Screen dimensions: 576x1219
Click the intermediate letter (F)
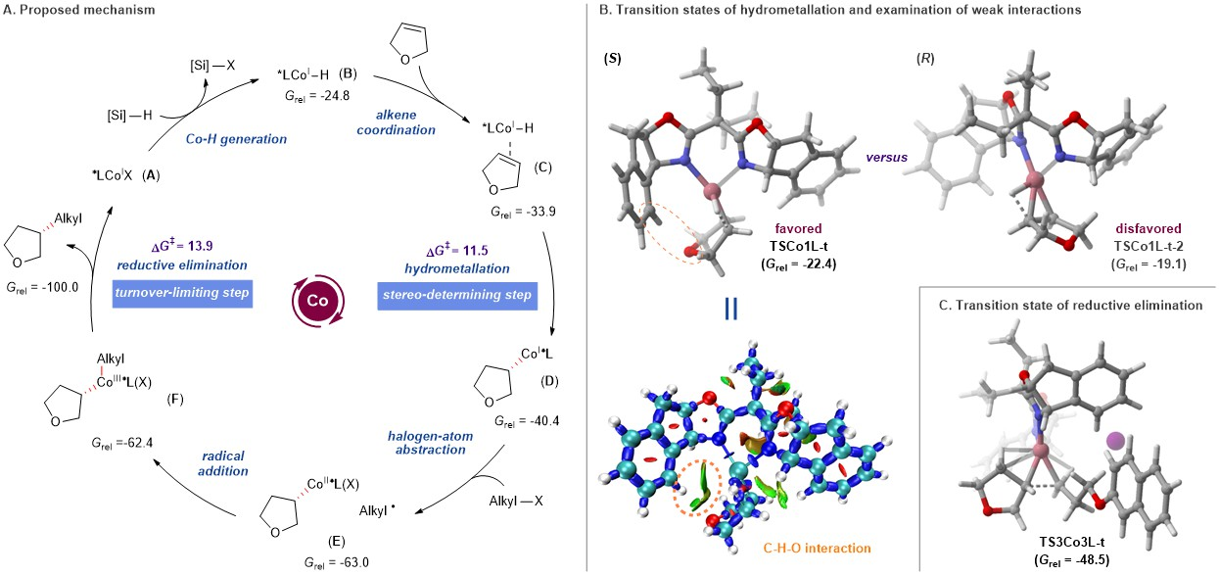(x=176, y=398)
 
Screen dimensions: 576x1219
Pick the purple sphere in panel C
(x=1116, y=443)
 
